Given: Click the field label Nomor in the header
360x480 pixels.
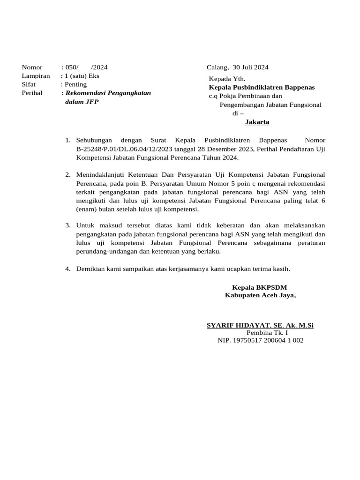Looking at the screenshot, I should tap(32, 67).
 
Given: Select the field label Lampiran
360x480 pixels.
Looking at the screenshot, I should tap(36, 76).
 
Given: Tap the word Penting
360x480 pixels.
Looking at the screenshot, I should tap(75, 84).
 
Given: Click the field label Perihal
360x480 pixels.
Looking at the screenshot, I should tap(32, 93).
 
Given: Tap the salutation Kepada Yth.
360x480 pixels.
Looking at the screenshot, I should tap(227, 79).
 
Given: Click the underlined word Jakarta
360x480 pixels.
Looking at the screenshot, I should tap(257, 122).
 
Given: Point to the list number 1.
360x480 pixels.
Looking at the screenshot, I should tap(67, 140).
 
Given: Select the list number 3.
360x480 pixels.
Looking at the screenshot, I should tap(67, 225).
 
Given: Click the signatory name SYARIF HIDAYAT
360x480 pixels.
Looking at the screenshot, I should tap(236, 325).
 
